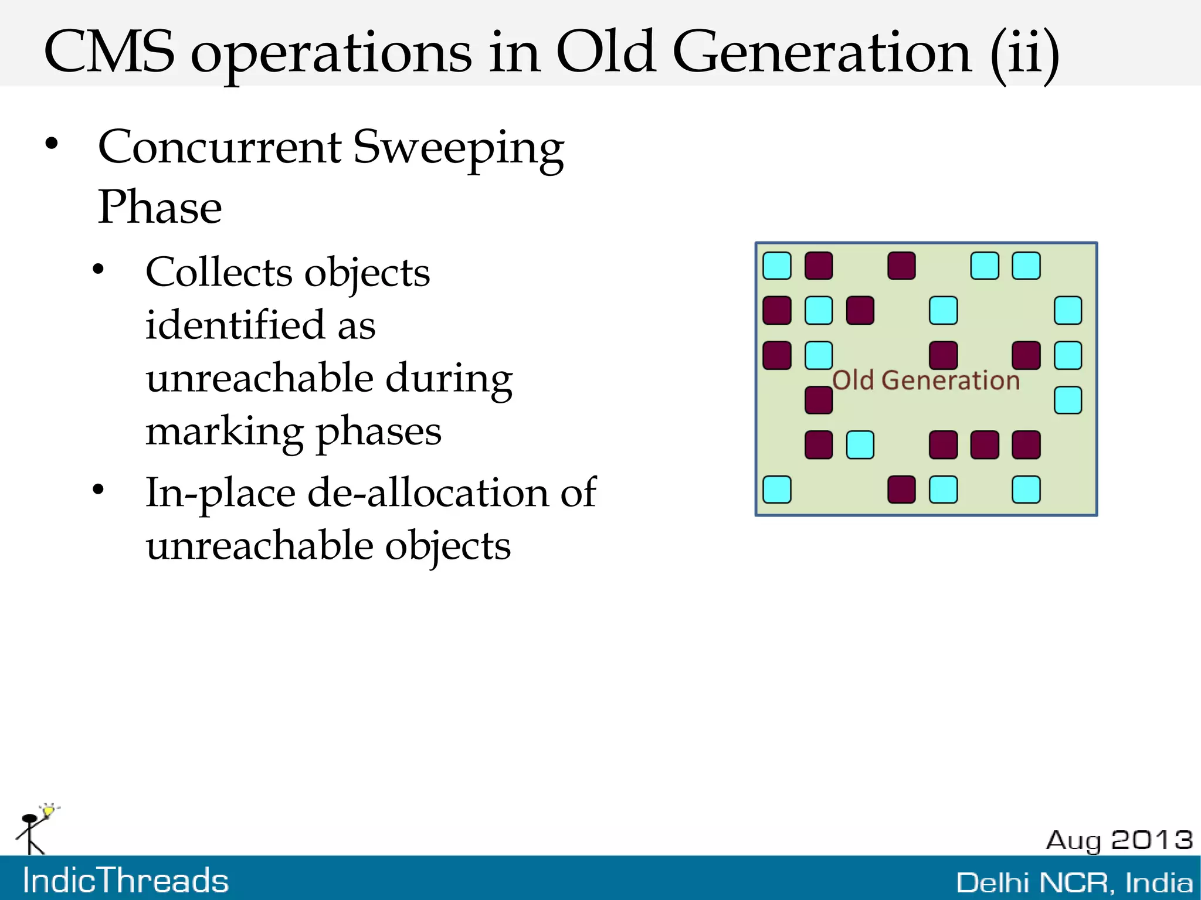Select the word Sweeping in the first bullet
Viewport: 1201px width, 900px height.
458,148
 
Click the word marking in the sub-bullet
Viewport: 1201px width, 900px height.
223,432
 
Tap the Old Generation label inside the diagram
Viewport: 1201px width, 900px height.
926,380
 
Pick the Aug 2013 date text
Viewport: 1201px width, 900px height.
1119,840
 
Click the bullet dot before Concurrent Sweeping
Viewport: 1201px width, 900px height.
52,144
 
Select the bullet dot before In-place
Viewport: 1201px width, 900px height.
98,489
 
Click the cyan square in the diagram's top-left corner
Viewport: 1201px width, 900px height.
777,266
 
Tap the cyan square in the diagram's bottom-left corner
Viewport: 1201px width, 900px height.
777,490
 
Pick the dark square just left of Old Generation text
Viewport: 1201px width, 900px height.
819,400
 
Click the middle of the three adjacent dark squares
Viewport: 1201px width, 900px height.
985,444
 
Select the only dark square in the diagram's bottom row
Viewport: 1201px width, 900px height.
901,490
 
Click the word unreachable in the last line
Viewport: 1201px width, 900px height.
259,546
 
